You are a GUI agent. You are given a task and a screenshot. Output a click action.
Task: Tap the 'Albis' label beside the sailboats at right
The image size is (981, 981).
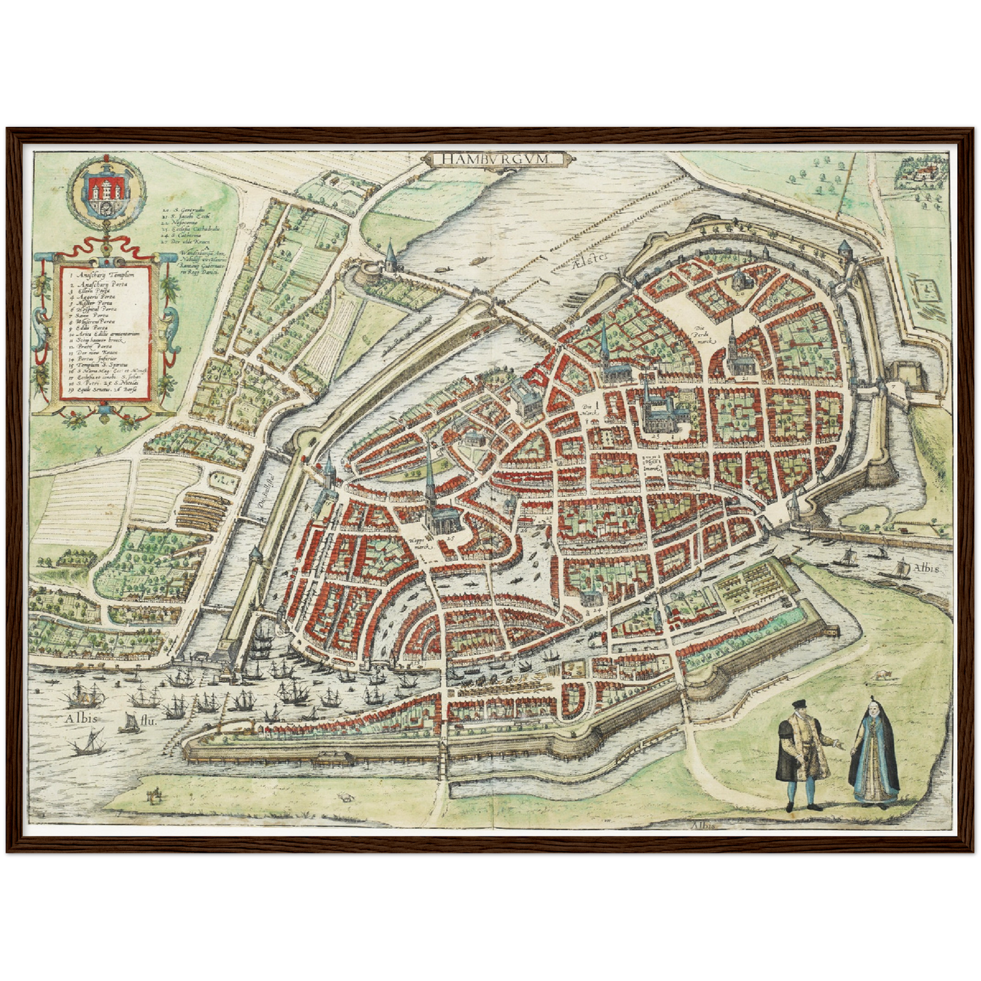tap(925, 568)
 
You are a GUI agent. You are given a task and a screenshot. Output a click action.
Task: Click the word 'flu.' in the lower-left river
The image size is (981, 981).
tap(148, 721)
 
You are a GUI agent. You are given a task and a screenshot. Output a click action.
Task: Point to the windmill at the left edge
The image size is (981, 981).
tap(96, 451)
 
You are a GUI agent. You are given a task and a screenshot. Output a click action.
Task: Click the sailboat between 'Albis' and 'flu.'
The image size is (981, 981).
tap(128, 722)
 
